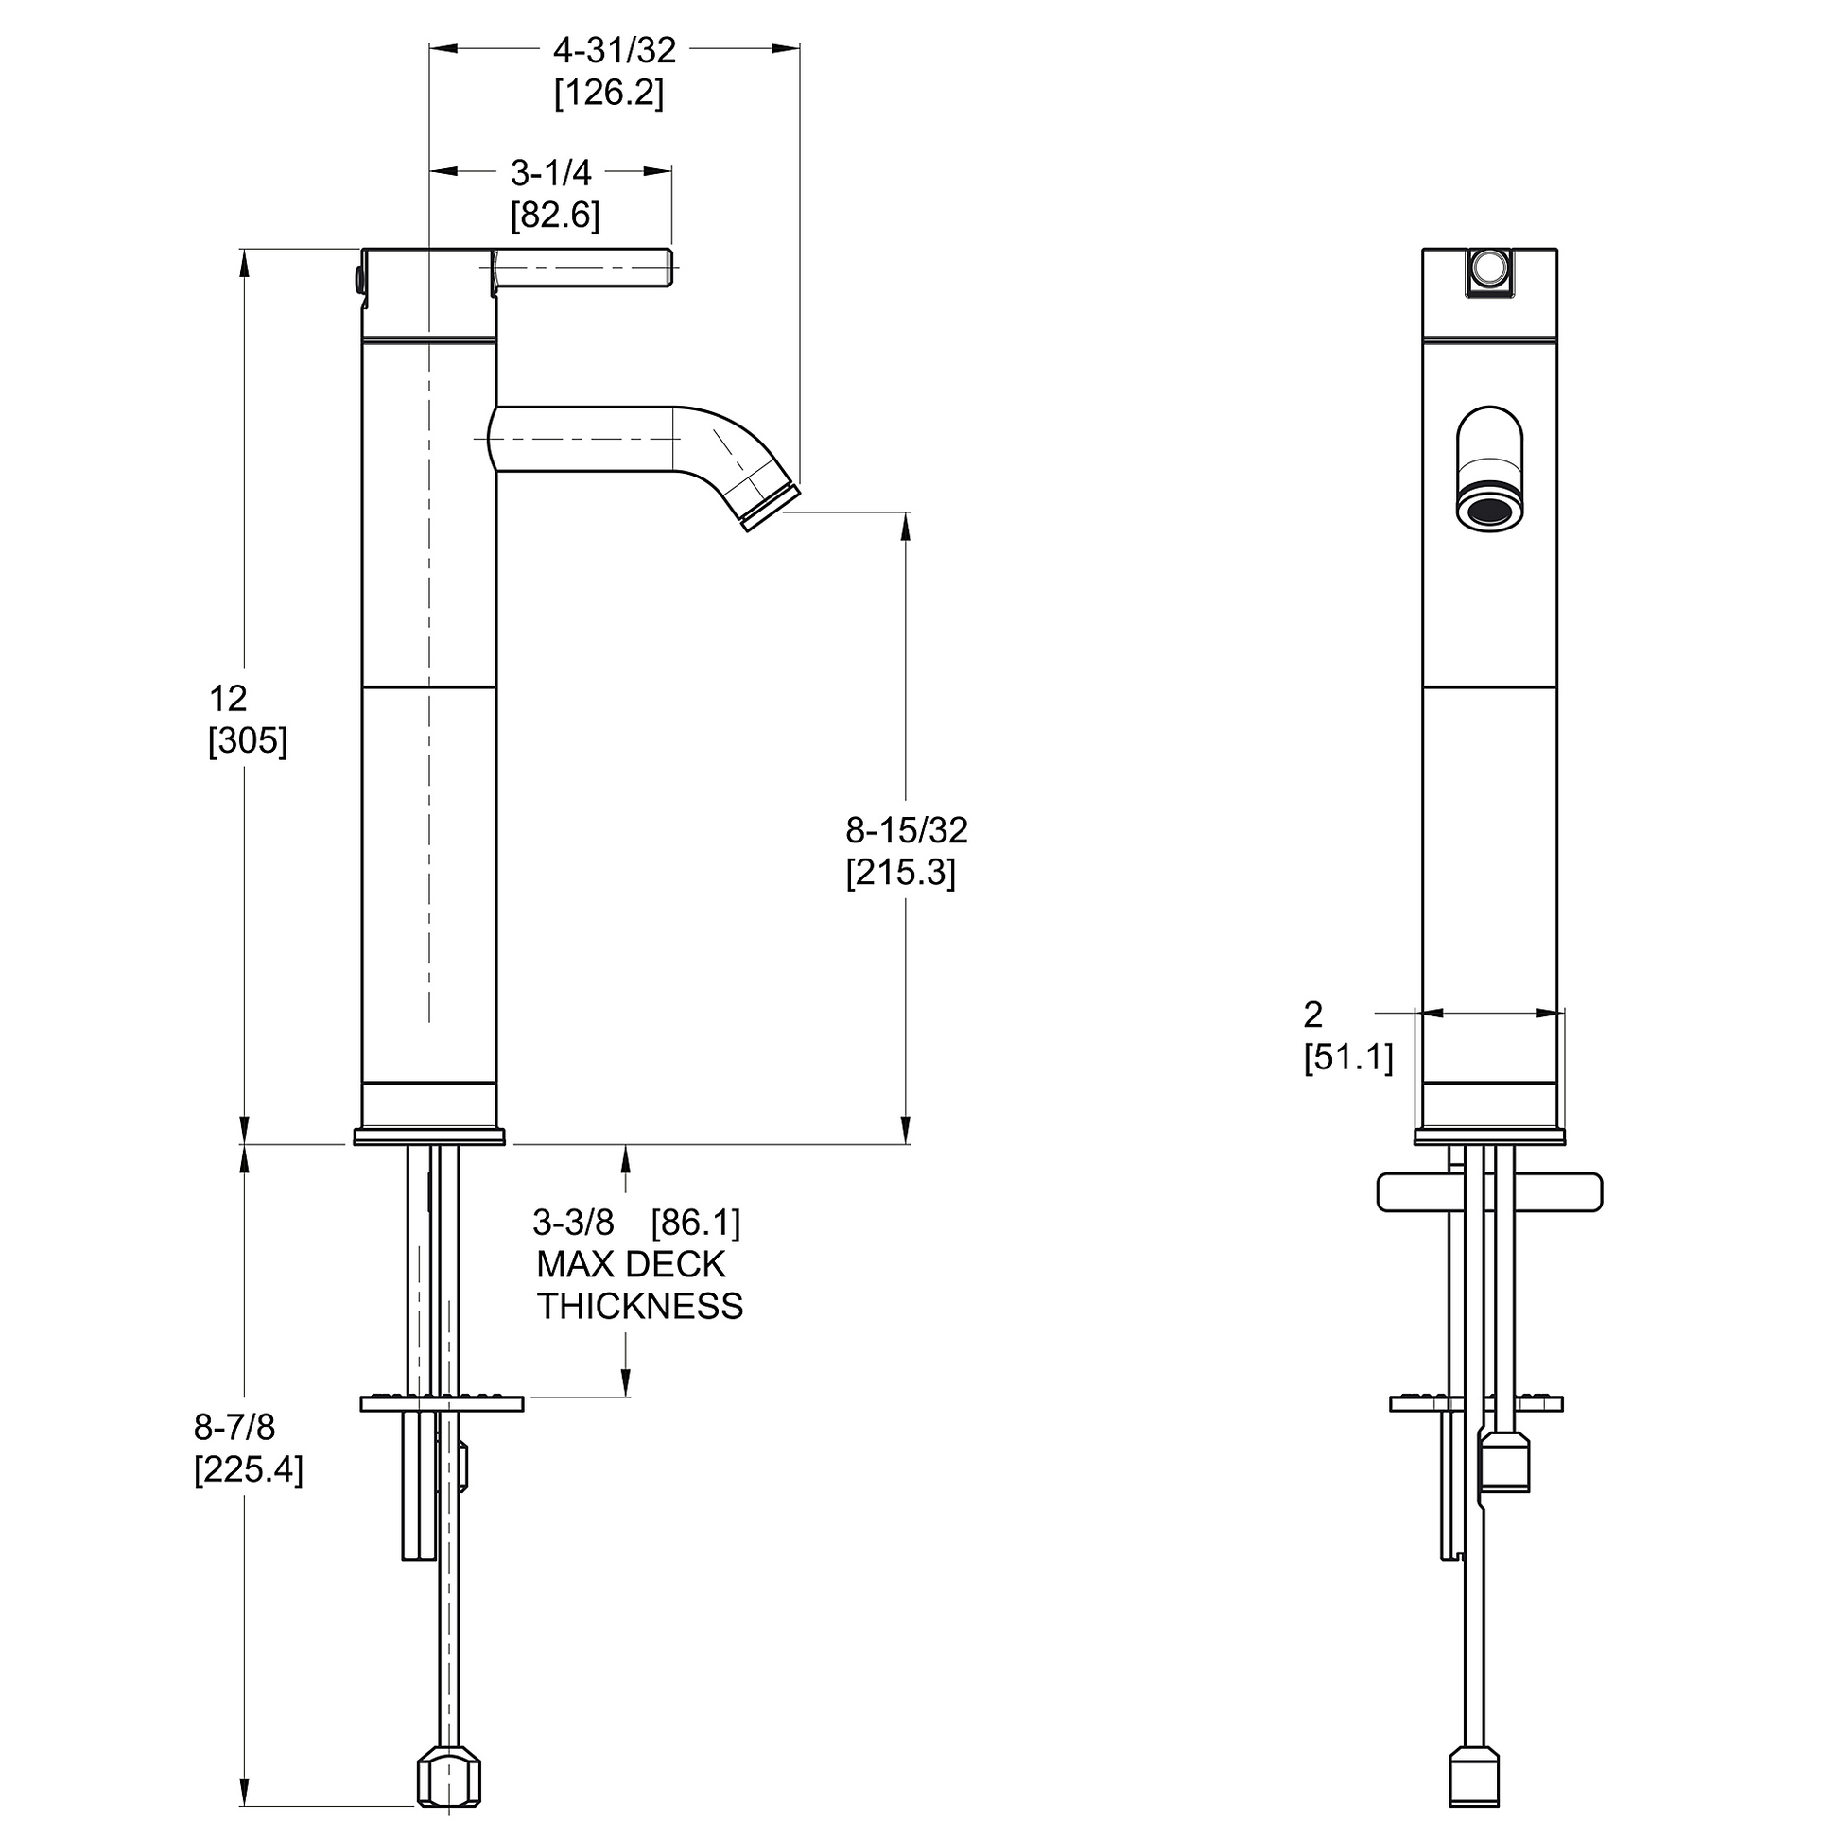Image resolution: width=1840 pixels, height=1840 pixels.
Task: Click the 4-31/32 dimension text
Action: tap(615, 50)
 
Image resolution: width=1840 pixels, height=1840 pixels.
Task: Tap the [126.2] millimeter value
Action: tap(610, 94)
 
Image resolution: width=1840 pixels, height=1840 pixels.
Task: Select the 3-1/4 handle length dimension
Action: tap(550, 172)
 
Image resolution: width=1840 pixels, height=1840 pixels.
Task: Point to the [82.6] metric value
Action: tap(555, 216)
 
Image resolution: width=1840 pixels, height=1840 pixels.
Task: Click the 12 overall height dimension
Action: tap(228, 699)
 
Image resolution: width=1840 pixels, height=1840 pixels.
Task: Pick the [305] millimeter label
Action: tap(248, 741)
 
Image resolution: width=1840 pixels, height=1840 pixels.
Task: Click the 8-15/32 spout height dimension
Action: tap(907, 830)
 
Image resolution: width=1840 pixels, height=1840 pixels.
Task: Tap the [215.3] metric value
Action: tap(901, 873)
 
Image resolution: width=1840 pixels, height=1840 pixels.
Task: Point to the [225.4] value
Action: tap(249, 1470)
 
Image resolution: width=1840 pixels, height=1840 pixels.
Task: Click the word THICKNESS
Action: tap(640, 1306)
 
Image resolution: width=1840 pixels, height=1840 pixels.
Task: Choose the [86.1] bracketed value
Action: tap(696, 1223)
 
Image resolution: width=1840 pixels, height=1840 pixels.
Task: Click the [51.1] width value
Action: tap(1348, 1057)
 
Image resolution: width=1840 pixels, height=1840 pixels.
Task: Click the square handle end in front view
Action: tap(1490, 271)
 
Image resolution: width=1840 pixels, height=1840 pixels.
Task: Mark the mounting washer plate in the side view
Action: tap(442, 1403)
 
